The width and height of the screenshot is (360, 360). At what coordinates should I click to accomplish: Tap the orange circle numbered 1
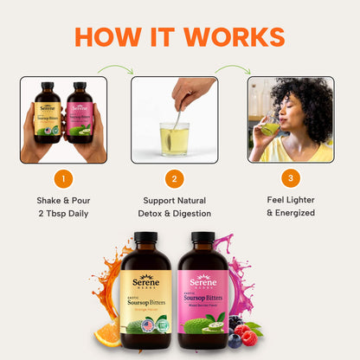pos(63,179)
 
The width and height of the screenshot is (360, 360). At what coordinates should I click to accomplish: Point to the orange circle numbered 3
pos(291,179)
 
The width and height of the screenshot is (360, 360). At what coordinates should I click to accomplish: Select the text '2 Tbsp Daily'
pos(62,213)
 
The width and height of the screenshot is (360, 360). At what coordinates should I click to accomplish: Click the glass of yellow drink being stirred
pos(174,138)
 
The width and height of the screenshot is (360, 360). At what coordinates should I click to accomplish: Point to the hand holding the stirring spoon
pos(192,90)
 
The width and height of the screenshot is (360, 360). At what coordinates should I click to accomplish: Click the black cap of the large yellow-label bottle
pos(146,238)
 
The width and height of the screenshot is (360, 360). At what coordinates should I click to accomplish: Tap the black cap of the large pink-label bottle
pos(202,238)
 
